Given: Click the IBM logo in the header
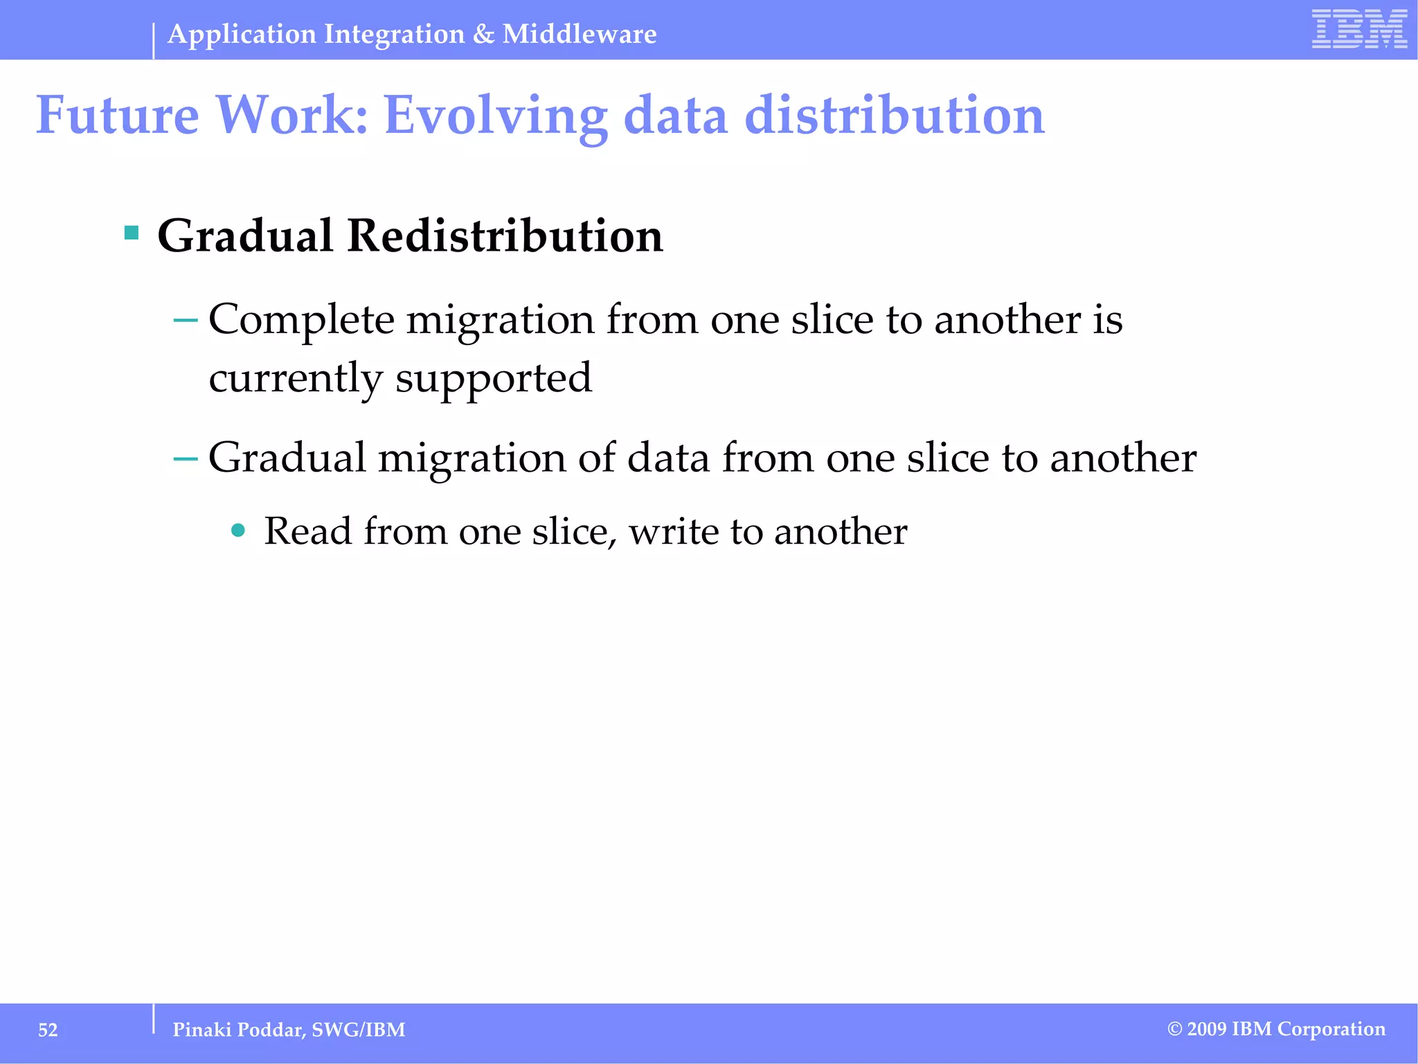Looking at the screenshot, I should tap(1359, 29).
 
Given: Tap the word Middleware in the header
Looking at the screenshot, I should tap(580, 34).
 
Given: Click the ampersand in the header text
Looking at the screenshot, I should tap(483, 34).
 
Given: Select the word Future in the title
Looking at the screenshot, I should tap(117, 115).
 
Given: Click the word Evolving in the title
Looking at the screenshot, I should tap(495, 115).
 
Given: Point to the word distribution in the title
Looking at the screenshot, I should tap(894, 115).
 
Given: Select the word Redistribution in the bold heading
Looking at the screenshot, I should tap(505, 236).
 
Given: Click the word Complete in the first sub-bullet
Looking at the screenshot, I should tap(301, 320).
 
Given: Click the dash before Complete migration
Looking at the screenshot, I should tap(185, 321).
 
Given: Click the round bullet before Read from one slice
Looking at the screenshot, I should tap(238, 531).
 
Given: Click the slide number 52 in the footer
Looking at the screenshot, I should tap(48, 1030).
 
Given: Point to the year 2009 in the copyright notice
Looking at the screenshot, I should tap(1207, 1029).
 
